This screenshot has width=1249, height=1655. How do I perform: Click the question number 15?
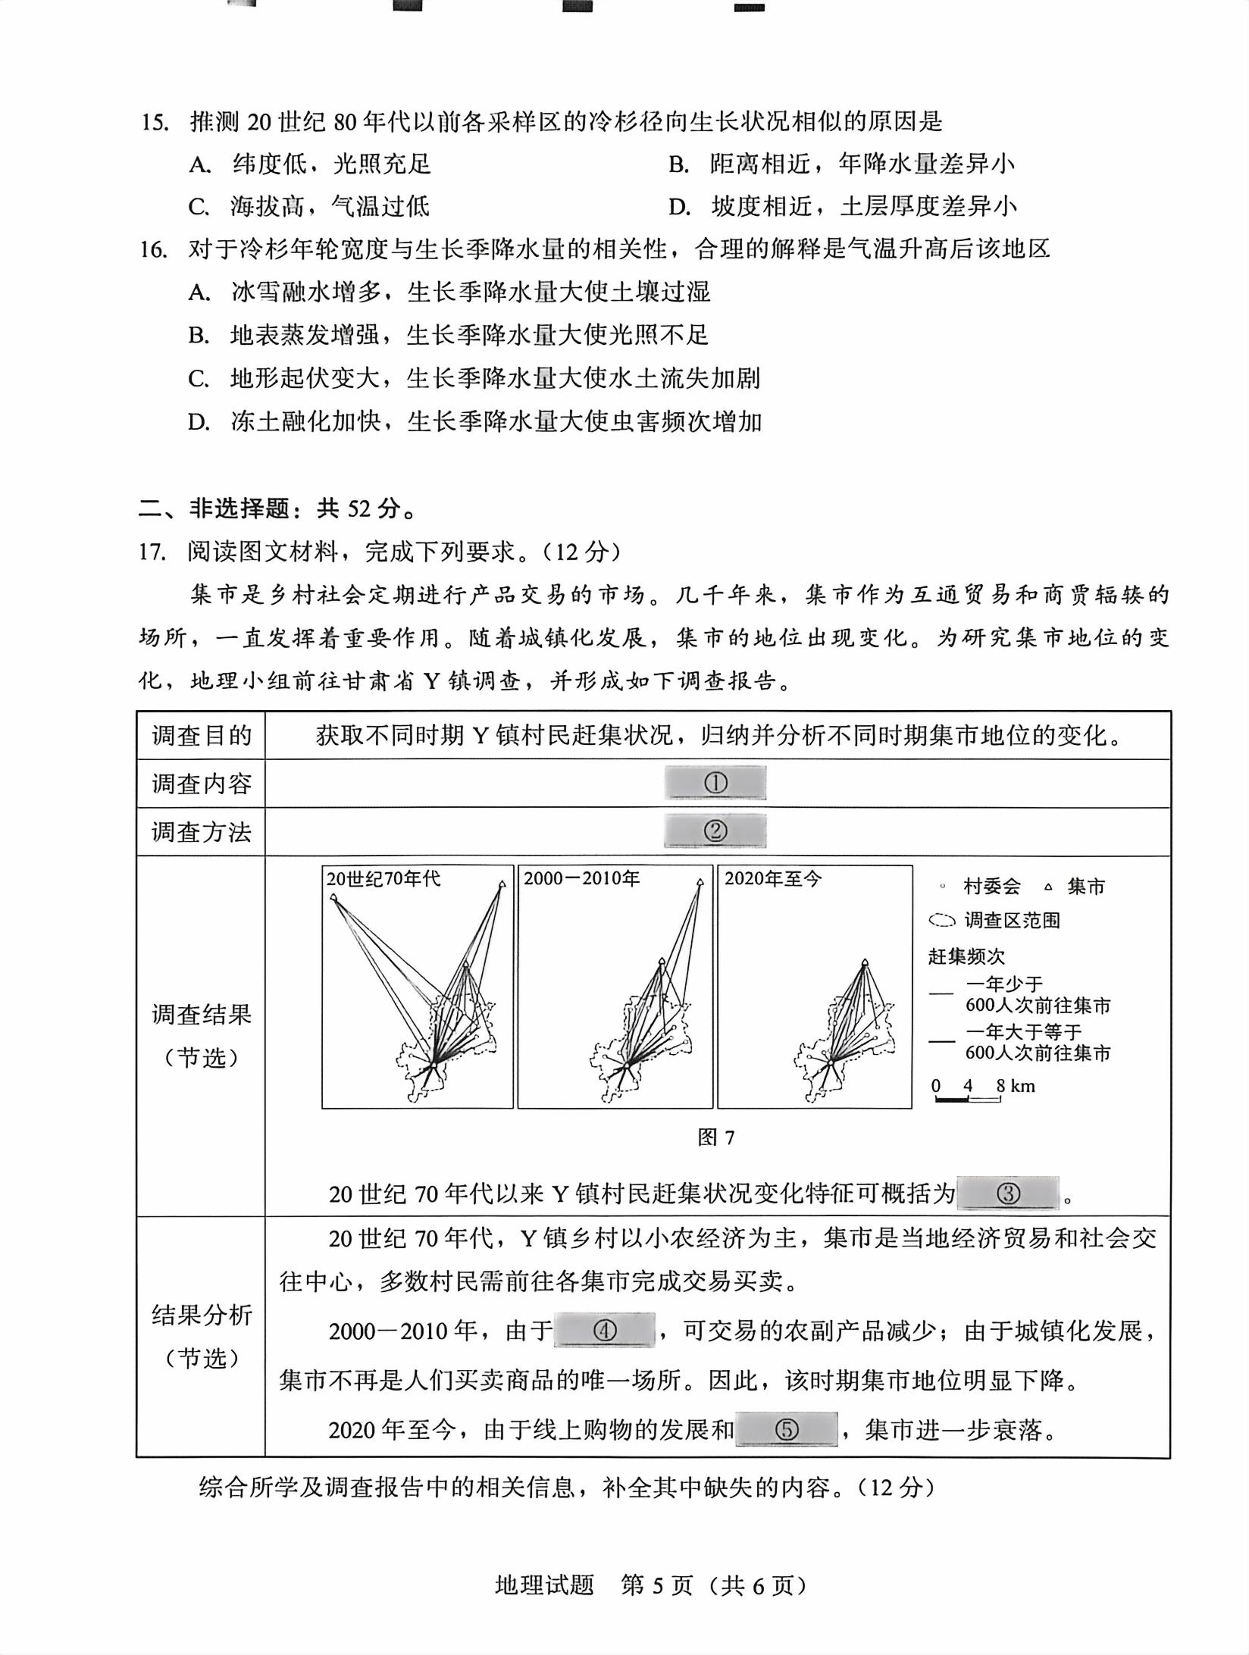click(154, 121)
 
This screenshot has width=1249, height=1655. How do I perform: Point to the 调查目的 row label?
click(201, 735)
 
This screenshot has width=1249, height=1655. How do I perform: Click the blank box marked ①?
click(715, 783)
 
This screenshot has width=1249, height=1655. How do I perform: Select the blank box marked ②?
click(715, 831)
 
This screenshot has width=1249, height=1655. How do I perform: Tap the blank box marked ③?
click(1007, 1194)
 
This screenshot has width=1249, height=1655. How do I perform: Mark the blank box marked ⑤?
click(786, 1429)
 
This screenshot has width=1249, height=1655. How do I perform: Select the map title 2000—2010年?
click(581, 879)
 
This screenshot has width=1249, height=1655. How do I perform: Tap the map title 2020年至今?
click(772, 879)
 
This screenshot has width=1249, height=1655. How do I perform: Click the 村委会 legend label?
click(991, 887)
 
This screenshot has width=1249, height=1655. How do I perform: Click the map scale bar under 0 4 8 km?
click(968, 1098)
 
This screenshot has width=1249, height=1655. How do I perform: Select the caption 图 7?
click(715, 1137)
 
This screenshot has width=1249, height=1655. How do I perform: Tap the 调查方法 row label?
click(201, 832)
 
